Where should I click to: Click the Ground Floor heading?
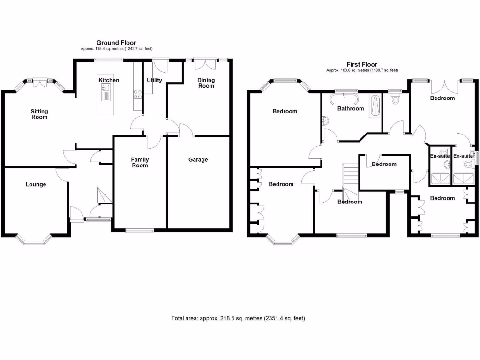point(116,43)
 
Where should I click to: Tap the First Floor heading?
point(361,64)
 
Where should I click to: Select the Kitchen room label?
point(109,80)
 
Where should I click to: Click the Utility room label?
point(154,80)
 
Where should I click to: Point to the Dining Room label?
point(206,83)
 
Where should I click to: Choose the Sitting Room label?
point(39,114)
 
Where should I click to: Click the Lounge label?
point(36,184)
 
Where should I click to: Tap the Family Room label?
point(140,162)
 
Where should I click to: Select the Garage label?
point(198,159)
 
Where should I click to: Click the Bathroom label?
point(351,108)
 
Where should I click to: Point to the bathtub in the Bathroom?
point(345,99)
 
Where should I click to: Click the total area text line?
point(238,319)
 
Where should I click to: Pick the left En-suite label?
point(439,156)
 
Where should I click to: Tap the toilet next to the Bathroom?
point(396,99)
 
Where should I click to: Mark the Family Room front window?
point(140,230)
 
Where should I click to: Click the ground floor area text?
point(116,49)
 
